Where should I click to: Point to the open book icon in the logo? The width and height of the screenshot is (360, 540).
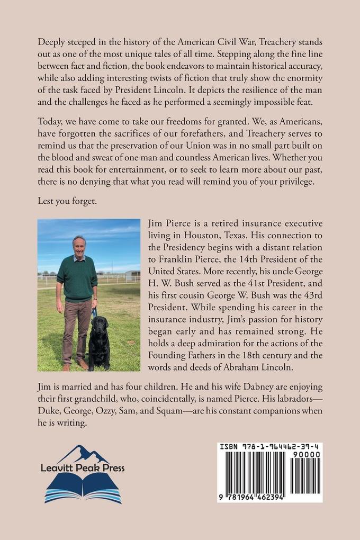(x=84, y=489)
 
